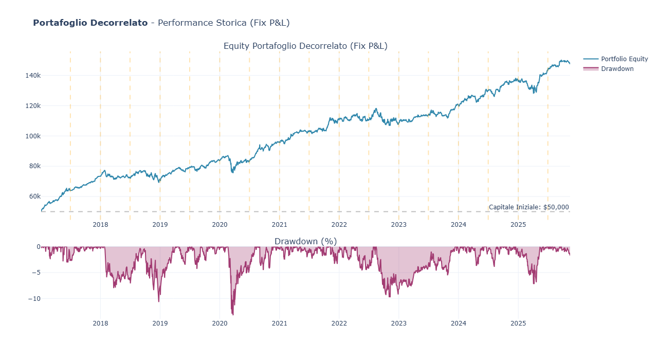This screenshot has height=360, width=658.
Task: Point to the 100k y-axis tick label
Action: (x=33, y=136)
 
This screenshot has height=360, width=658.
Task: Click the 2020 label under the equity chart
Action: (x=220, y=225)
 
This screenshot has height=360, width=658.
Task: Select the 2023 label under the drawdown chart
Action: (x=398, y=323)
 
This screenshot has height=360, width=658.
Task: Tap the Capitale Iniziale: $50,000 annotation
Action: (x=528, y=207)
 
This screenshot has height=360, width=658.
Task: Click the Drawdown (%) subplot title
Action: (x=305, y=241)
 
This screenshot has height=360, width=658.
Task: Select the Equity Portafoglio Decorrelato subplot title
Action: (x=305, y=46)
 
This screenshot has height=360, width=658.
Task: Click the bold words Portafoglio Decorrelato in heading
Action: (x=90, y=23)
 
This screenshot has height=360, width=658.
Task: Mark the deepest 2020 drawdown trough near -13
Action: (x=233, y=314)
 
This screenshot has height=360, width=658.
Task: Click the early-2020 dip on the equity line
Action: (x=232, y=172)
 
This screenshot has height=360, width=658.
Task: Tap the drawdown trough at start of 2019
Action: (x=159, y=301)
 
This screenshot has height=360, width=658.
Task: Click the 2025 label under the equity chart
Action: (x=518, y=225)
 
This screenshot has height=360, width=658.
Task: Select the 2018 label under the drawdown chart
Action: (x=100, y=323)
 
